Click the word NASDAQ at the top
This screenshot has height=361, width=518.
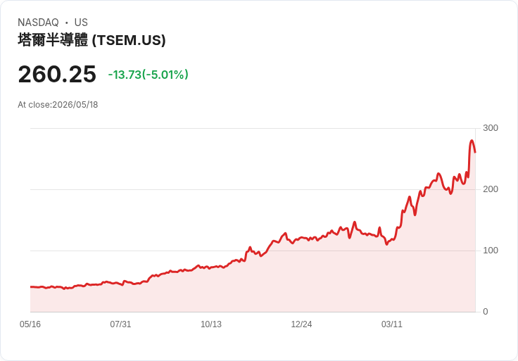[x=38, y=23]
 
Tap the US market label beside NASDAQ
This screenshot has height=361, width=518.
[x=81, y=23]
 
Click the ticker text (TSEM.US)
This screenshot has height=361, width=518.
[x=129, y=40]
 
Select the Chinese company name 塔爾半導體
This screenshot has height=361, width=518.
[x=53, y=40]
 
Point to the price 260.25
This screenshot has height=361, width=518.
[x=57, y=74]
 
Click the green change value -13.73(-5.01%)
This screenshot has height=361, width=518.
[x=149, y=75]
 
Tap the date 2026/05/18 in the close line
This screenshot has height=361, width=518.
[x=75, y=105]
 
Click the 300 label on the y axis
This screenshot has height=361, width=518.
[x=491, y=128]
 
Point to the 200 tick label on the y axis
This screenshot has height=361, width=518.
[x=491, y=189]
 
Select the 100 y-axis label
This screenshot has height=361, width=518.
[x=491, y=251]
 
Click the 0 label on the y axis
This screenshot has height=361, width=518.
[x=486, y=312]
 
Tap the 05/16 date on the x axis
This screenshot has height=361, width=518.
[x=30, y=324]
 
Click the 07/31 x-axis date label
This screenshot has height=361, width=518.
[x=120, y=324]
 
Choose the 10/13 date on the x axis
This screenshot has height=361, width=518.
[x=211, y=324]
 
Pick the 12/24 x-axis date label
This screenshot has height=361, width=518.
[x=301, y=324]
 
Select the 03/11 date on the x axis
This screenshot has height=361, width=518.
[x=392, y=324]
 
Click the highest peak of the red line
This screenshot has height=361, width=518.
[x=472, y=141]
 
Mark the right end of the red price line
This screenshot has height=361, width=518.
[x=475, y=152]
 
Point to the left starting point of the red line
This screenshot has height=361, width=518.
[x=31, y=286]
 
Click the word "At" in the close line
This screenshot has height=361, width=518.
[x=22, y=105]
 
